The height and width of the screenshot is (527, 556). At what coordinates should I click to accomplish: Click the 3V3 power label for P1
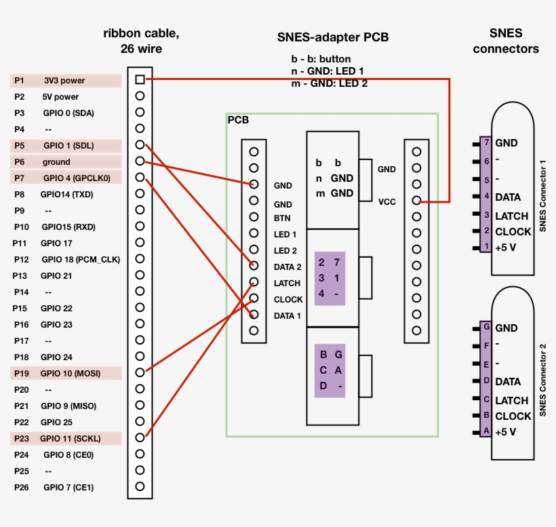tap(64, 80)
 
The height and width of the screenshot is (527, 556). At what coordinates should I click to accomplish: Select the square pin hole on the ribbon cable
tap(140, 79)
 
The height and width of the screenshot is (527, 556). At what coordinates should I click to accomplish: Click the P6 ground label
tap(56, 161)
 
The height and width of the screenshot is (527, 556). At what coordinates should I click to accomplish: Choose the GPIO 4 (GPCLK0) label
tap(76, 178)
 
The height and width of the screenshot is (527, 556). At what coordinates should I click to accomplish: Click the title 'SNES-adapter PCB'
tap(333, 37)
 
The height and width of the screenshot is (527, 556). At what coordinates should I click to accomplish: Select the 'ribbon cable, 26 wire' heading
tap(141, 41)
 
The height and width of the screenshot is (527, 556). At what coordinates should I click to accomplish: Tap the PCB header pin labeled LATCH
tap(254, 281)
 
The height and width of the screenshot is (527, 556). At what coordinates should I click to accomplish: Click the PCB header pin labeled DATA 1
tap(254, 314)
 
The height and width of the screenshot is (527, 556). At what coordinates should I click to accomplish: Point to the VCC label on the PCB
tap(386, 201)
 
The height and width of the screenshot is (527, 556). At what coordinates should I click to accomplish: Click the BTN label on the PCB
tap(282, 218)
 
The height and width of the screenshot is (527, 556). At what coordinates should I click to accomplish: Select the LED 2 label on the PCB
tap(285, 250)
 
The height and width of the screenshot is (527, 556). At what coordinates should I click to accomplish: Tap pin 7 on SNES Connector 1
tap(485, 142)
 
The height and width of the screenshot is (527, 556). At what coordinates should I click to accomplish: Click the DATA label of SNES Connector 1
tap(508, 197)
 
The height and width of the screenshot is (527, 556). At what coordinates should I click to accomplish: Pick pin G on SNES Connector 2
tap(485, 328)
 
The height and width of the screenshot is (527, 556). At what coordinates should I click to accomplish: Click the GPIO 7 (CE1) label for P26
tap(68, 487)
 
